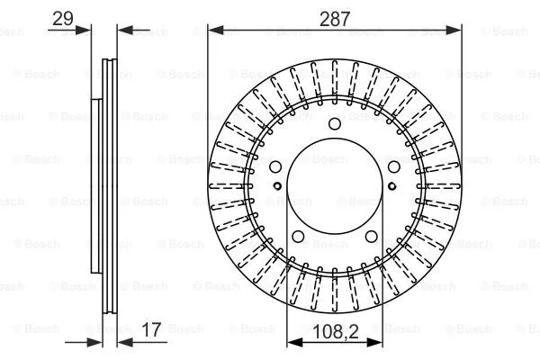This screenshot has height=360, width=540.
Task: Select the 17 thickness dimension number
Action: click(x=152, y=329)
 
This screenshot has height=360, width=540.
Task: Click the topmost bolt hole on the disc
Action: click(x=335, y=124)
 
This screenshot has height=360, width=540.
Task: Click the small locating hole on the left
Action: click(x=278, y=186)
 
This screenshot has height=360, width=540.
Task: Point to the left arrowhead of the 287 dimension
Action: click(x=214, y=30)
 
